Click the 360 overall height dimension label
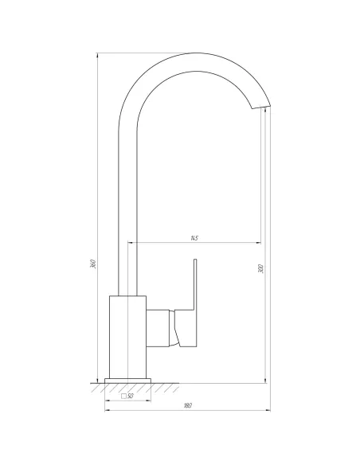click(x=93, y=264)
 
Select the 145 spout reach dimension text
click(x=194, y=238)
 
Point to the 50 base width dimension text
click(x=131, y=395)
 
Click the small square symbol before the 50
click(x=123, y=395)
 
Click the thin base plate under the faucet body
click(x=127, y=377)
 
